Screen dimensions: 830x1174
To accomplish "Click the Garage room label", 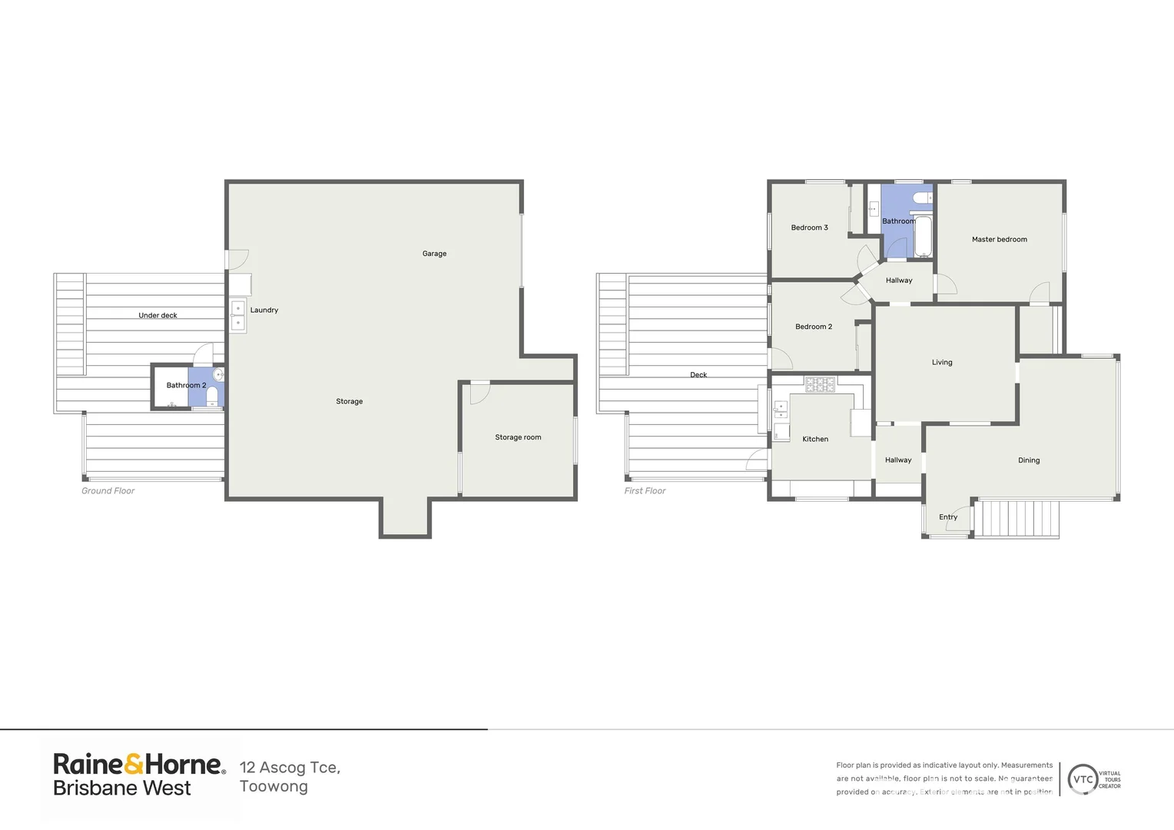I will click(x=434, y=254).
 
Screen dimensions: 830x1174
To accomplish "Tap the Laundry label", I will click(x=264, y=310).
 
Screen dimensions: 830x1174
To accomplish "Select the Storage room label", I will click(x=518, y=437).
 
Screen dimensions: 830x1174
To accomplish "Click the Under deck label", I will click(x=158, y=315).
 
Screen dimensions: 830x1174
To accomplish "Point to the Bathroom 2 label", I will click(x=186, y=385).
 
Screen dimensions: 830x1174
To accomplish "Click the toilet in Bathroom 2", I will click(x=212, y=396).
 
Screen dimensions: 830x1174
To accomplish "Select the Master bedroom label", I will click(x=999, y=239).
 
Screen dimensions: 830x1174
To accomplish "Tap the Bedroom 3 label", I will click(x=809, y=227).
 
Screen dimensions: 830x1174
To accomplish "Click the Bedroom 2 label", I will click(x=813, y=327).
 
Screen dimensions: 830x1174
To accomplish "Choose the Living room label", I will click(x=942, y=362).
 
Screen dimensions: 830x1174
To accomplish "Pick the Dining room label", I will click(x=1028, y=460).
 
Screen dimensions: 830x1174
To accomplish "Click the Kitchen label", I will click(x=815, y=439).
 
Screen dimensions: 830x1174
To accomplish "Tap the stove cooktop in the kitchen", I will click(x=820, y=384).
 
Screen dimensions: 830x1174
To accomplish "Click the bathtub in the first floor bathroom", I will click(x=923, y=237).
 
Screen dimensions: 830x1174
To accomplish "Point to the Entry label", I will click(x=948, y=517).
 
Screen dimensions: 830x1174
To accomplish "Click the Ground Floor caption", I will click(x=108, y=491).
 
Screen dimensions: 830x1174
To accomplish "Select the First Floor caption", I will click(x=645, y=491).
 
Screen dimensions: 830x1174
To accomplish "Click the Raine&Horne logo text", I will click(x=138, y=764).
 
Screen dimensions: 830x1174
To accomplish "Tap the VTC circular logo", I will click(x=1083, y=779).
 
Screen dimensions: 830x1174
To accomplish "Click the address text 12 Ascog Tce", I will click(x=290, y=767).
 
